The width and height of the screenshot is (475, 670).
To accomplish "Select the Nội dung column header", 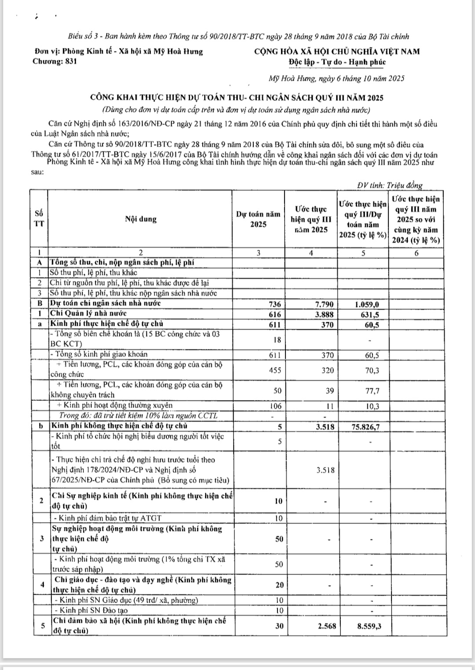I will (141, 219).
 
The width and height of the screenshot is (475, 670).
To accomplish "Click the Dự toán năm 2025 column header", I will (258, 219).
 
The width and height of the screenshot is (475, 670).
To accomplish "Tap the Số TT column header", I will (39, 218).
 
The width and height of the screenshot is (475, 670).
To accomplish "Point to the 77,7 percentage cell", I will (372, 390).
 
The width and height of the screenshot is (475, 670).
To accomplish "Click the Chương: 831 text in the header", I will (55, 62).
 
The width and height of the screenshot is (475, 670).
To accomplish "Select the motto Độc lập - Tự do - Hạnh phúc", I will (337, 62).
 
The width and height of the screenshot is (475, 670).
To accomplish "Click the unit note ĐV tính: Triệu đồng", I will (390, 185).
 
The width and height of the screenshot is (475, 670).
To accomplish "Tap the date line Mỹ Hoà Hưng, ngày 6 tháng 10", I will (336, 79).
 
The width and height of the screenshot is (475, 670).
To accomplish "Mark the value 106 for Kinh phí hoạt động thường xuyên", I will (275, 406).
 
